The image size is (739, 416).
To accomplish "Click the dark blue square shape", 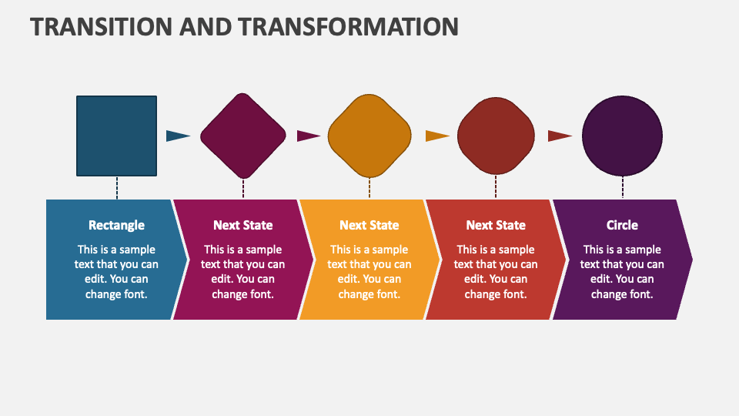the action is tap(116, 136).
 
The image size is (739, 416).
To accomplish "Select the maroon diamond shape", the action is tap(243, 136).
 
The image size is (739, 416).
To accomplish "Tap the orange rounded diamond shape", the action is tap(369, 136).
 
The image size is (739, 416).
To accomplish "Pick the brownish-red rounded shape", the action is tap(496, 136).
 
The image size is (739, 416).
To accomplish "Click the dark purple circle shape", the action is tap(622, 136).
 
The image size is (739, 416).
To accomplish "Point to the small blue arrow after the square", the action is tap(178, 136).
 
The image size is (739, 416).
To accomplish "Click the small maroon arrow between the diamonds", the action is tap(309, 136).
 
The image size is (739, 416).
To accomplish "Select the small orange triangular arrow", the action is tap(437, 136).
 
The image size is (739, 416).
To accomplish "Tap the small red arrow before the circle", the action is tap(560, 136).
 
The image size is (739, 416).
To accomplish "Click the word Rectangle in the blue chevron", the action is tap(116, 225).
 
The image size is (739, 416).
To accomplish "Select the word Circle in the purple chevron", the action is tap(622, 225).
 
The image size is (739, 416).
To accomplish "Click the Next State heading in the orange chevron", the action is tap(369, 225).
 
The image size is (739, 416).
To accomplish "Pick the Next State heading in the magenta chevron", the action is tap(243, 225).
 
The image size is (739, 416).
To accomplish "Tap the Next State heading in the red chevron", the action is tap(496, 225).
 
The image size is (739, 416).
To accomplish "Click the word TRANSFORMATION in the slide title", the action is tap(348, 26).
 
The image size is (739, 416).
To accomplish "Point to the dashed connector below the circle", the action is tap(623, 188).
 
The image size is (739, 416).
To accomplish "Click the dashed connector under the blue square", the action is tap(117, 188).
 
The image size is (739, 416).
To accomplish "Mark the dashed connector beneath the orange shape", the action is tap(369, 188).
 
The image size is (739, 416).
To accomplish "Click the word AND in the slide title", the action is tap(206, 26).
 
